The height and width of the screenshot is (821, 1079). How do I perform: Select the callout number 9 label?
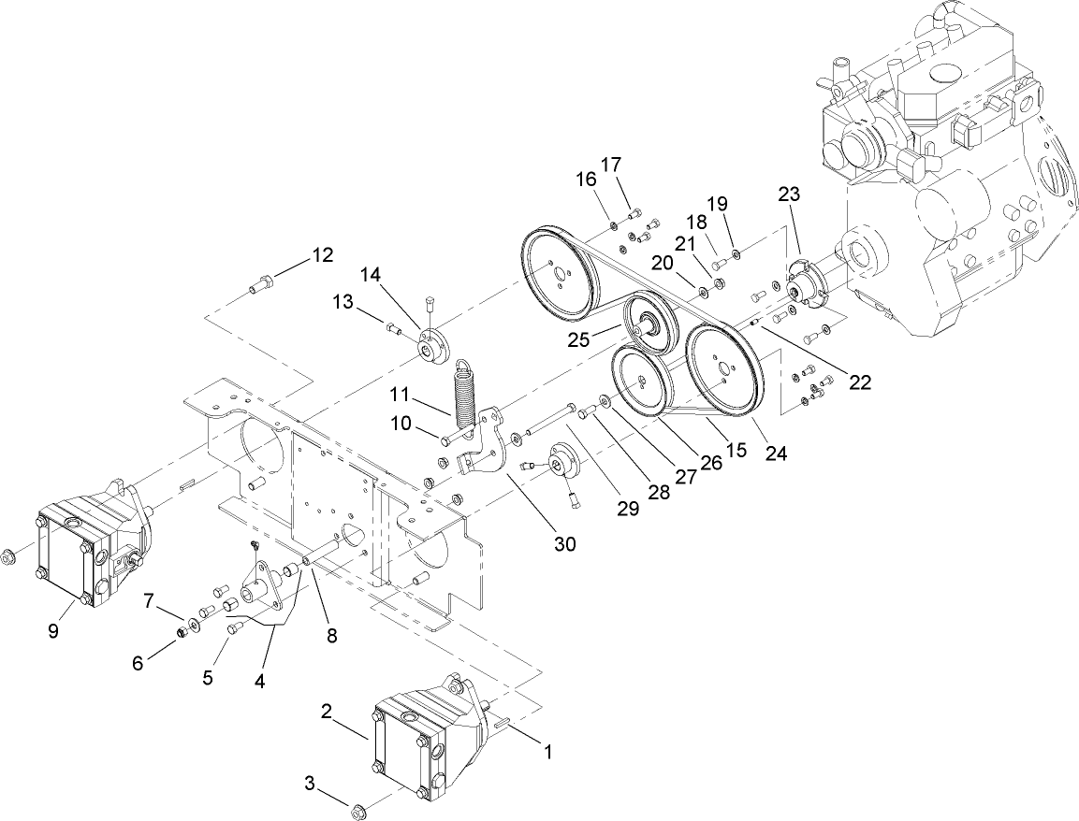coord(53,631)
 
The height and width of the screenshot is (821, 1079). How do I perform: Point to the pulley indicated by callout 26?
coord(638,380)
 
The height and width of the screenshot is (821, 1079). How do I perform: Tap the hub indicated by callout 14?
coord(431,347)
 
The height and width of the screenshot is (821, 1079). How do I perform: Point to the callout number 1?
coord(549,750)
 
